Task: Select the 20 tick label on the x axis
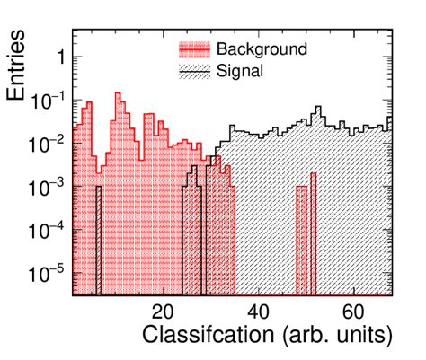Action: click(x=163, y=312)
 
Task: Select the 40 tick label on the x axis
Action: click(x=257, y=312)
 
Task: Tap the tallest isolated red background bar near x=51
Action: click(x=313, y=233)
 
